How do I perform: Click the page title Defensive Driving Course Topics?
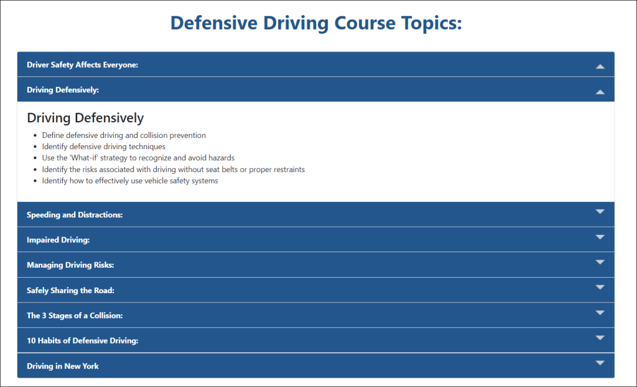316,23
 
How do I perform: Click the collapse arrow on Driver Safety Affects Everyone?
600,66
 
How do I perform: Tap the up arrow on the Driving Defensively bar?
600,92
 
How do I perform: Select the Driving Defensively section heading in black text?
85,118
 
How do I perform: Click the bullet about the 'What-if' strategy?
138,158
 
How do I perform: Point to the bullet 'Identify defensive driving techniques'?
104,147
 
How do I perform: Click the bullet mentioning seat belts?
174,169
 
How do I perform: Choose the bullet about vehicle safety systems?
130,181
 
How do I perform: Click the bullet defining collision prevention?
124,135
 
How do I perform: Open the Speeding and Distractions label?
75,215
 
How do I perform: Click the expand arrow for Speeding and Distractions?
600,211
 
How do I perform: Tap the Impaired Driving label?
58,240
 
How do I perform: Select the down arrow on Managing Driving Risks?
600,262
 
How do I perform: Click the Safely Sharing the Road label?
71,291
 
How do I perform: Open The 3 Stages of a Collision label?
75,316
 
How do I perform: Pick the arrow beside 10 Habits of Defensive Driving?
600,337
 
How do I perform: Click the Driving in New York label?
63,367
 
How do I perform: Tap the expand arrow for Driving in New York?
600,363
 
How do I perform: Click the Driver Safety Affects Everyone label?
83,65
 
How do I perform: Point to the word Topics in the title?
432,24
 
